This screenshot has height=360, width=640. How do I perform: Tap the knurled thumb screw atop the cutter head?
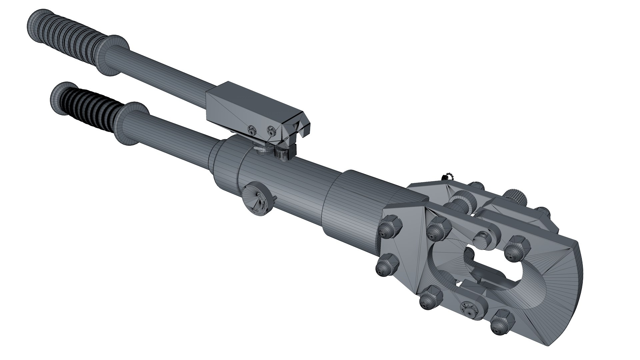click(515, 197)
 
